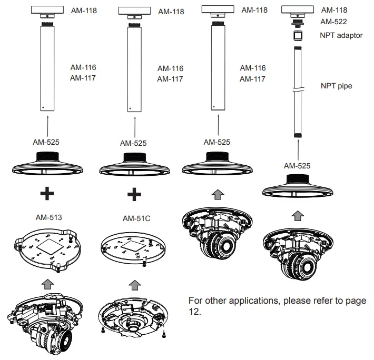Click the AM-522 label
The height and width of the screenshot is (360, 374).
(334, 22)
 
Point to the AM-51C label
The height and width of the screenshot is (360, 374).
(136, 218)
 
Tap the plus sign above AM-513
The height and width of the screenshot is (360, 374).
(47, 194)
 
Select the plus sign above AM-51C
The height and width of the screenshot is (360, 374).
(135, 194)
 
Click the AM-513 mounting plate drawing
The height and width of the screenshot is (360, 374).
(48, 248)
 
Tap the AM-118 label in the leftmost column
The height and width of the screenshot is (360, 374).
(84, 10)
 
